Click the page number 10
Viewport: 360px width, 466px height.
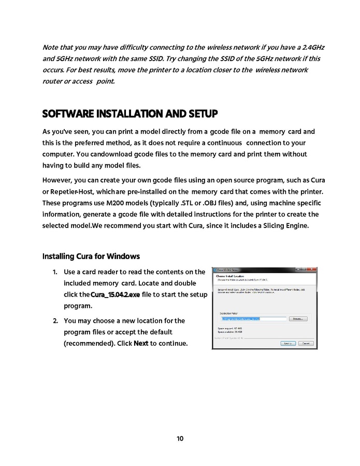pos(180,439)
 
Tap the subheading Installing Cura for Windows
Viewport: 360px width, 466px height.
pos(91,257)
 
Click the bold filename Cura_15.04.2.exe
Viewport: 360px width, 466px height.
pos(115,295)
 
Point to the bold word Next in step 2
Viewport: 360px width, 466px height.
pos(141,344)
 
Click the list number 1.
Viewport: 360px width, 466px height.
pos(55,272)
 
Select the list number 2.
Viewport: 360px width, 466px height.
pos(55,321)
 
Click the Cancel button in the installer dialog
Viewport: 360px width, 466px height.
pos(306,343)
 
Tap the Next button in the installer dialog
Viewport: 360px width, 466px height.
pos(288,343)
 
